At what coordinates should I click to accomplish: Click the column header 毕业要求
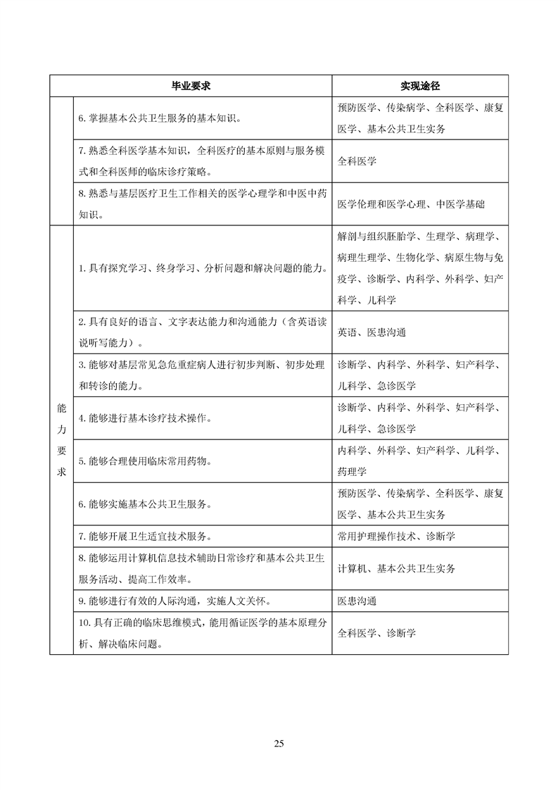pyautogui.click(x=191, y=86)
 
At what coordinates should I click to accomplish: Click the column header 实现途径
pyautogui.click(x=421, y=86)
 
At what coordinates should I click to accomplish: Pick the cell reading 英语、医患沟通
pyautogui.click(x=372, y=332)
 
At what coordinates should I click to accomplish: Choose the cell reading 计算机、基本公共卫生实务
pyautogui.click(x=396, y=568)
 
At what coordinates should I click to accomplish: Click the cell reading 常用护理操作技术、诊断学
pyautogui.click(x=396, y=536)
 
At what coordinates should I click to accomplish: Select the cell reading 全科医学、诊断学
pyautogui.click(x=376, y=633)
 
